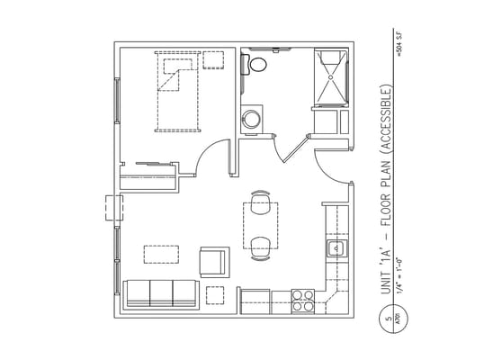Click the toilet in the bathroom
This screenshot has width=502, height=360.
pos(257,64)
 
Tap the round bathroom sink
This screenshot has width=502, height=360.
pos(253,118)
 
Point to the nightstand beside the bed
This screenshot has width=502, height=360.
pos(214,61)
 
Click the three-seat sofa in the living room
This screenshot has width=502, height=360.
pos(160,293)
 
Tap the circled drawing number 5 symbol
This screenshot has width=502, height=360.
pos(387,318)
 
